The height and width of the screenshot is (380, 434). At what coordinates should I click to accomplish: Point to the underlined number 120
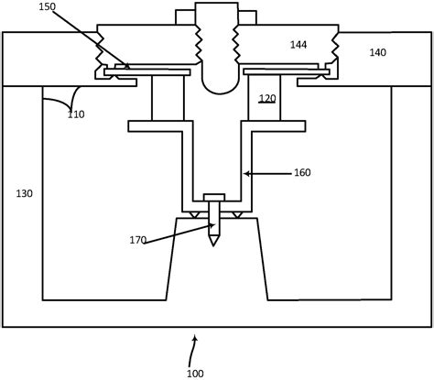pyautogui.click(x=266, y=99)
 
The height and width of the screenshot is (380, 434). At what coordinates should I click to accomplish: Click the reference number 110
pyautogui.click(x=76, y=114)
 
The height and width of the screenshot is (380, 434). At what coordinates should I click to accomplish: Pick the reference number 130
pyautogui.click(x=23, y=194)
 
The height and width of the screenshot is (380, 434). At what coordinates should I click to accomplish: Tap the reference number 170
pyautogui.click(x=137, y=241)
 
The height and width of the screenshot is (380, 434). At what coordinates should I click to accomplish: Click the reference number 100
pyautogui.click(x=195, y=372)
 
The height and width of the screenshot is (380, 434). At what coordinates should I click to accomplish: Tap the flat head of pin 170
pyautogui.click(x=214, y=197)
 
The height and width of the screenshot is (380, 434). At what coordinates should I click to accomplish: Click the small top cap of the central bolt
pyautogui.click(x=217, y=13)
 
